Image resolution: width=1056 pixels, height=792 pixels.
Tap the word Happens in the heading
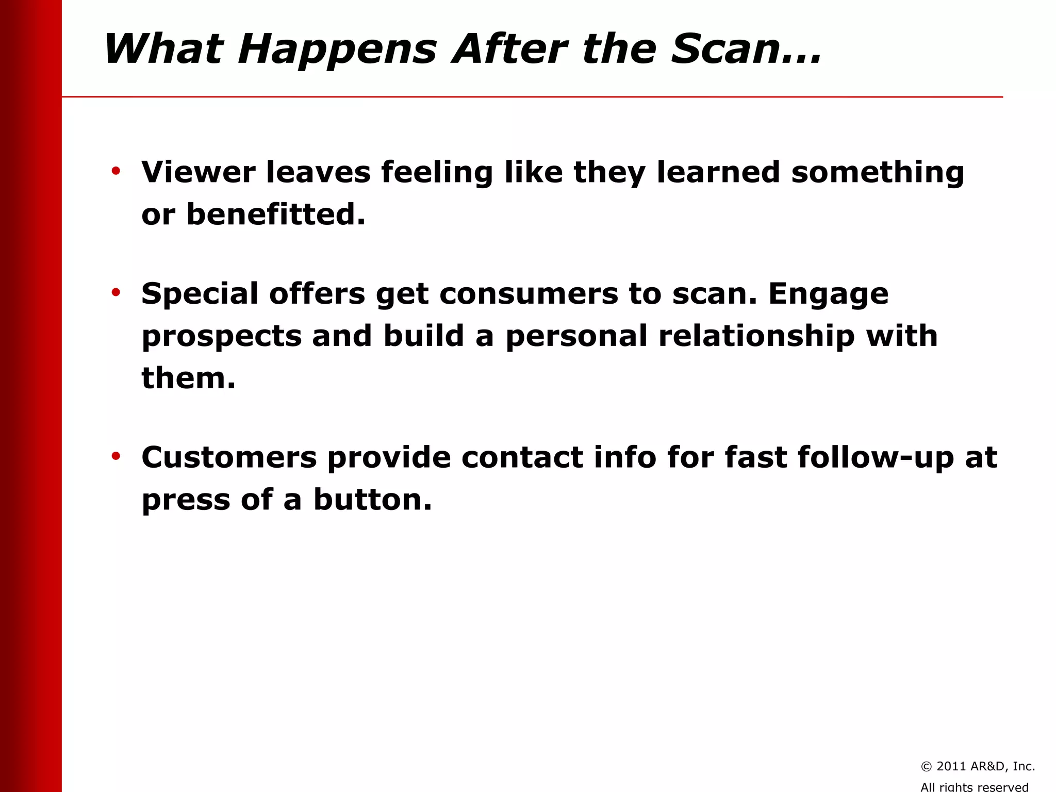pyautogui.click(x=337, y=50)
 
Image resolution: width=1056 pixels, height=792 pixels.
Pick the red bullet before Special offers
pyautogui.click(x=116, y=292)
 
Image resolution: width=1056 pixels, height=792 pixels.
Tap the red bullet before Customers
pyautogui.click(x=116, y=456)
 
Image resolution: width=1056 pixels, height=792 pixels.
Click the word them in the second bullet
pyautogui.click(x=188, y=378)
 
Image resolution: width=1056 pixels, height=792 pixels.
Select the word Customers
pyautogui.click(x=229, y=457)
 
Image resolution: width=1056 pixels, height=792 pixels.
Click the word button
pyautogui.click(x=372, y=500)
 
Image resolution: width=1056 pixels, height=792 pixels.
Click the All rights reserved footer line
pyautogui.click(x=974, y=786)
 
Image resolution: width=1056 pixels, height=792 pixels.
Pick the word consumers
pyautogui.click(x=529, y=294)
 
